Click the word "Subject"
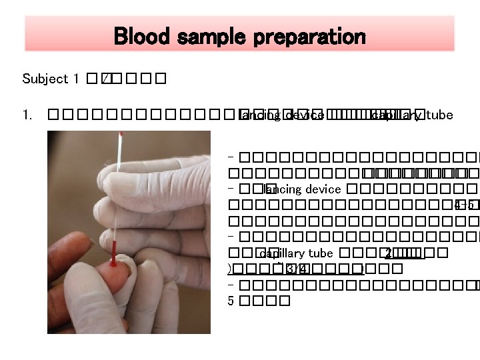click(45, 79)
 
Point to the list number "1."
click(27, 115)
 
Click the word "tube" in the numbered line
click(439, 115)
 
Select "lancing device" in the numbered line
click(281, 115)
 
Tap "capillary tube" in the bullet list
click(295, 253)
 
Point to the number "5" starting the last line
click(231, 301)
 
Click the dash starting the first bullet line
click(230, 158)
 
